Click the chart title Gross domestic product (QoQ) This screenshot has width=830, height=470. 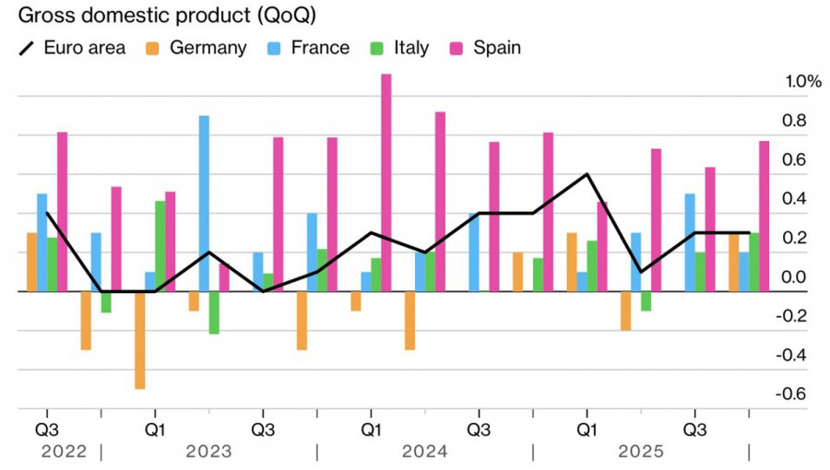pyautogui.click(x=158, y=17)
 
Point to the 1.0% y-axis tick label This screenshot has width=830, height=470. pyautogui.click(x=802, y=82)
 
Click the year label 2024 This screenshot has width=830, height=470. pyautogui.click(x=424, y=452)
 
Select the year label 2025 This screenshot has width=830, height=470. pyautogui.click(x=640, y=452)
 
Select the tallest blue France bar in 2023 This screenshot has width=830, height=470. pyautogui.click(x=204, y=203)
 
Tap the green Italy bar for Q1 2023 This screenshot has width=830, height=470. pyautogui.click(x=160, y=246)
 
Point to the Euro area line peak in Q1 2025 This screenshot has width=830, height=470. pyautogui.click(x=587, y=174)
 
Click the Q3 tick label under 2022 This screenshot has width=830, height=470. pyautogui.click(x=47, y=429)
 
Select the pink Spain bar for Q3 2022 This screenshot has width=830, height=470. pyautogui.click(x=63, y=211)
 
